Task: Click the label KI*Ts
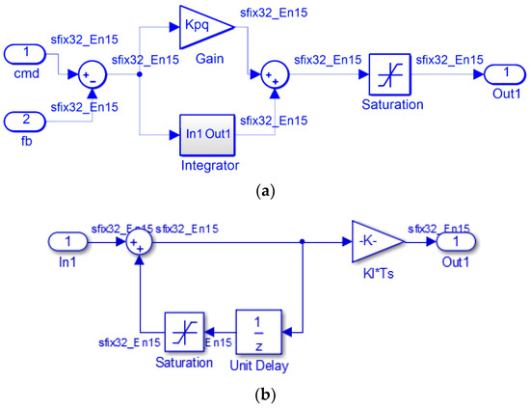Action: [x=374, y=275]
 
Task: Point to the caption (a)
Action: [x=265, y=194]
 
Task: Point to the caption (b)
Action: [x=265, y=395]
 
